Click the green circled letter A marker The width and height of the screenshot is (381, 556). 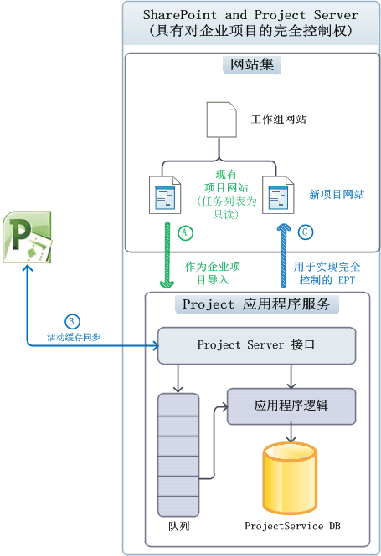coord(185,232)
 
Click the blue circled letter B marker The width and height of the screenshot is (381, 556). coord(71,320)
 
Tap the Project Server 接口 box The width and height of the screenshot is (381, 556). coord(256,344)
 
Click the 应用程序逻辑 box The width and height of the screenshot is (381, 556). coord(291,405)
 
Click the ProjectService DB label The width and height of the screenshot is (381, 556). coord(292,526)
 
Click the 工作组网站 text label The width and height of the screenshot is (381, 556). coord(278,119)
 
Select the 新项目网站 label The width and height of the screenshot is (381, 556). coord(337,194)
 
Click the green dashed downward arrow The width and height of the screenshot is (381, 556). coord(166,255)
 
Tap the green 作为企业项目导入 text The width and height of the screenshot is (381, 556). coord(213,273)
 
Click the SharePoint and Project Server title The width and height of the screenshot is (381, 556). coord(250,23)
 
